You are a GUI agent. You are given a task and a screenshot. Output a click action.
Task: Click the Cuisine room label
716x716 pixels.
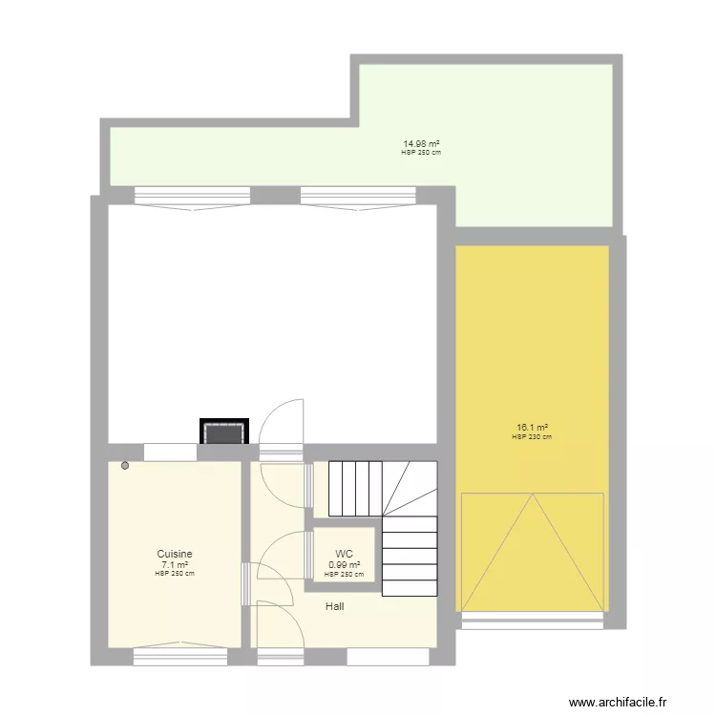pyautogui.click(x=175, y=554)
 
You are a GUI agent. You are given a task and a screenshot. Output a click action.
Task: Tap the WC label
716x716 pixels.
pyautogui.click(x=344, y=554)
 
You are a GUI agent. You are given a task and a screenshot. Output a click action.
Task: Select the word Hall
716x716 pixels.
pyautogui.click(x=334, y=606)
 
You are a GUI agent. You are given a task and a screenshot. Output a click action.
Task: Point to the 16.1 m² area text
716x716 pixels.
pyautogui.click(x=532, y=428)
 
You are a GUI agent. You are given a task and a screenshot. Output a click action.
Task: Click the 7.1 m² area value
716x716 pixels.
pyautogui.click(x=175, y=564)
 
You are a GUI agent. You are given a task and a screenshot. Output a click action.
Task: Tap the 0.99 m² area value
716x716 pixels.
pyautogui.click(x=344, y=564)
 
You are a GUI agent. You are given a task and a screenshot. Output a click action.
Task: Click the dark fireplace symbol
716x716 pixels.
pyautogui.click(x=224, y=432)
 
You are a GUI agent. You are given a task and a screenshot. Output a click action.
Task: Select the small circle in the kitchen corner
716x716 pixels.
pyautogui.click(x=125, y=466)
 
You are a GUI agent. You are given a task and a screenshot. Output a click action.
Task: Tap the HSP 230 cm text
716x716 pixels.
pyautogui.click(x=532, y=437)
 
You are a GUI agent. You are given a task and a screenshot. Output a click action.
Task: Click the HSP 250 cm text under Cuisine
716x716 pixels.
pyautogui.click(x=175, y=574)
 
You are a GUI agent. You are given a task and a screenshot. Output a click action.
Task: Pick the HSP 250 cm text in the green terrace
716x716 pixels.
pyautogui.click(x=420, y=153)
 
